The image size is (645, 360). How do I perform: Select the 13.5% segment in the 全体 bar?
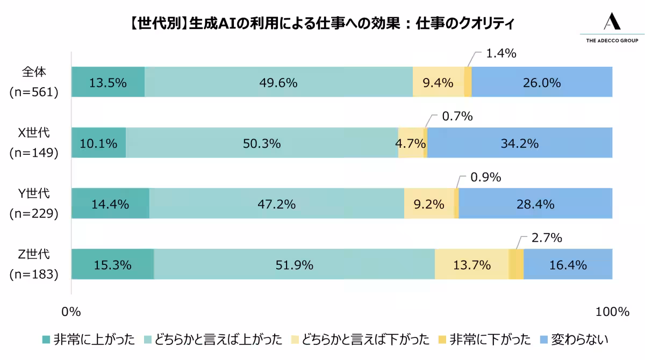coord(108,82)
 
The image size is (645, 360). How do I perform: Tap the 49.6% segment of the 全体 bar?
coord(278,82)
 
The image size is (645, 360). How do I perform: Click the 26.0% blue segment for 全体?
coord(542,82)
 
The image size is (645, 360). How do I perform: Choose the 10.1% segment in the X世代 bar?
coord(98,143)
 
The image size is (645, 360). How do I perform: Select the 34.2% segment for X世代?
coord(520,143)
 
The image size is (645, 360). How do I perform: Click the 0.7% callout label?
coord(457,116)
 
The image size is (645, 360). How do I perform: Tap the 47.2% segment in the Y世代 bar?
coord(276,204)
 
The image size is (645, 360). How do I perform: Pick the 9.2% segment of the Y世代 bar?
coord(429,204)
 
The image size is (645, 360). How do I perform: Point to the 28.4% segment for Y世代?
coord(535,204)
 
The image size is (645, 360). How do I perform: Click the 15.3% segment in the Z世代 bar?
coord(112,264)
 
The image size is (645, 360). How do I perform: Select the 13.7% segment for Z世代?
coord(471,264)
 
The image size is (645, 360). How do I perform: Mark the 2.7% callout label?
coord(547,237)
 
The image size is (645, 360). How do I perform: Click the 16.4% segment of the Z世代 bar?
coord(568,264)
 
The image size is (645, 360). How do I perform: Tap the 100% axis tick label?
coord(612,312)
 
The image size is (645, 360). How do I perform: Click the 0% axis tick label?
coord(71,312)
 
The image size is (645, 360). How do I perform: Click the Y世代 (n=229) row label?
coord(33,203)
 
